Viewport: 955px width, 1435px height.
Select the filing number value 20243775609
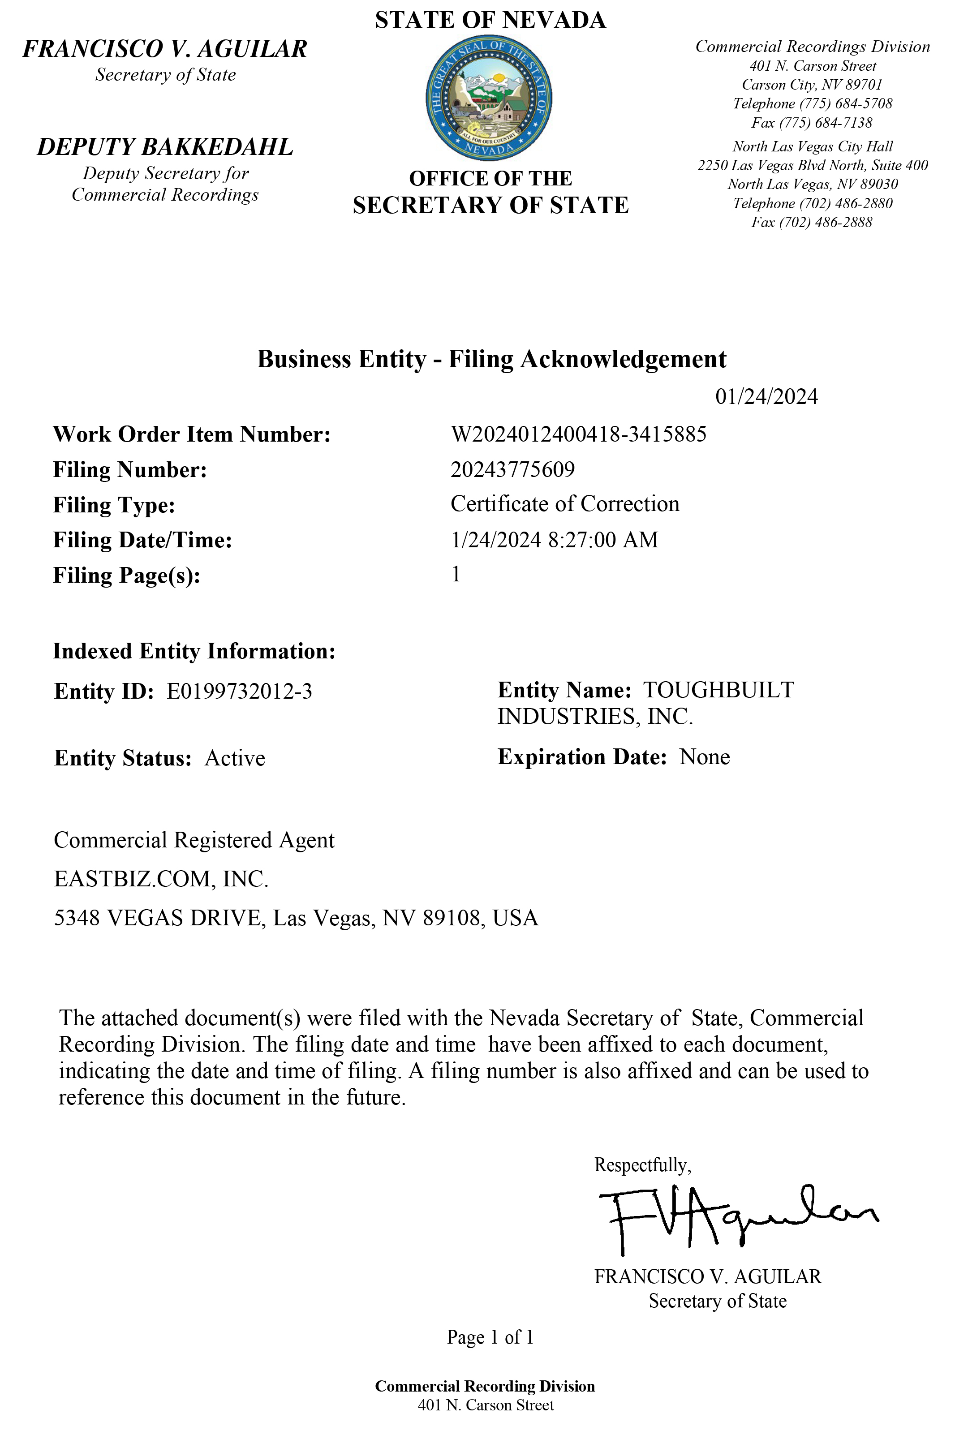point(512,469)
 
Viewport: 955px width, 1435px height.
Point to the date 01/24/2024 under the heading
point(766,397)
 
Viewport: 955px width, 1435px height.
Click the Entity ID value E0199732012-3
point(239,692)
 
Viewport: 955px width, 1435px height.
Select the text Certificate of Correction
point(564,504)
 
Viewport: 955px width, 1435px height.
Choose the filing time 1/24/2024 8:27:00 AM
point(554,540)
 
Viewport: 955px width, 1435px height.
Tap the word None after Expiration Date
point(705,757)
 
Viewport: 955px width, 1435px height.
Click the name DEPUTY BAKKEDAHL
point(165,147)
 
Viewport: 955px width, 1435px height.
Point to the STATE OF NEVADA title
point(490,20)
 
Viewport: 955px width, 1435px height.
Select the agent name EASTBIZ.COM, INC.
point(161,879)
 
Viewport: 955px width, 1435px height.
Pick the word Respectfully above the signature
point(642,1165)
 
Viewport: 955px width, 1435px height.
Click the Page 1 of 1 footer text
point(490,1337)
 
